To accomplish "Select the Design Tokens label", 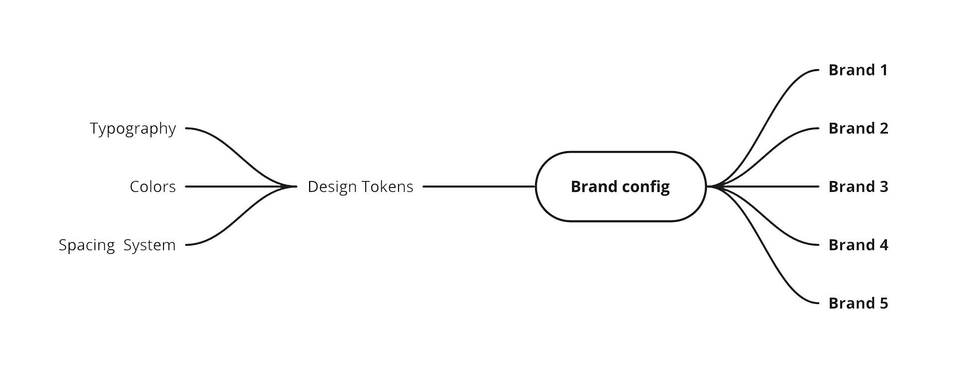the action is pos(360,187).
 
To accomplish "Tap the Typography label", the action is pos(133,129).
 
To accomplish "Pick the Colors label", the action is pos(153,187).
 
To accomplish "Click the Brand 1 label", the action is pos(858,70).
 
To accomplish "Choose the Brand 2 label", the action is pos(858,128).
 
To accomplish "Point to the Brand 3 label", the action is pos(858,187).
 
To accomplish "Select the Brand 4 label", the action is pos(858,245).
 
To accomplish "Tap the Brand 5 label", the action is pos(858,303).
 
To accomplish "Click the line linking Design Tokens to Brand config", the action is pos(479,187).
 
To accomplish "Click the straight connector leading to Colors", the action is pos(241,187).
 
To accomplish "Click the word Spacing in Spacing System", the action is pos(86,245).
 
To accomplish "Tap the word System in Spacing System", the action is pos(150,245).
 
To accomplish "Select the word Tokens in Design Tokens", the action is pos(387,187).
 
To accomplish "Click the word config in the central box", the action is pos(645,188).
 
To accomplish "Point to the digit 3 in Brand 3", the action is pos(883,187).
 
